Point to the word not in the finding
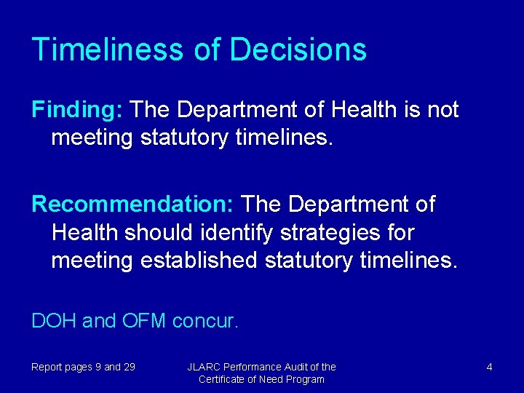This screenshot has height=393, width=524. click(x=442, y=110)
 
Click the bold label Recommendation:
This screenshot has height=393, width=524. click(x=132, y=205)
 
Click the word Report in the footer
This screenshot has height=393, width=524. click(x=47, y=367)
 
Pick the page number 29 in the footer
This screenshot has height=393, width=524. click(x=129, y=367)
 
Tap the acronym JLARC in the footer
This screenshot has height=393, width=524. click(x=203, y=367)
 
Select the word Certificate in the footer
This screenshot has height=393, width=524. click(x=224, y=379)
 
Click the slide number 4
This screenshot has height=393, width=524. click(x=489, y=367)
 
